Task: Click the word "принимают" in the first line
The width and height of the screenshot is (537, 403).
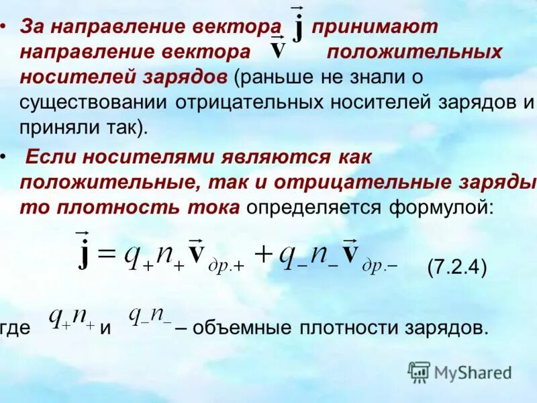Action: click(x=375, y=27)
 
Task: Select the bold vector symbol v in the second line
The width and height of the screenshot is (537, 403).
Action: click(x=277, y=50)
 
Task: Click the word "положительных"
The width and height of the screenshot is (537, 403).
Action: click(x=415, y=52)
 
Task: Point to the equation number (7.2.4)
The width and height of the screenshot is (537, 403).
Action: click(x=456, y=267)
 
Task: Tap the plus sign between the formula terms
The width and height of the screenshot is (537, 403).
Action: click(x=264, y=253)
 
